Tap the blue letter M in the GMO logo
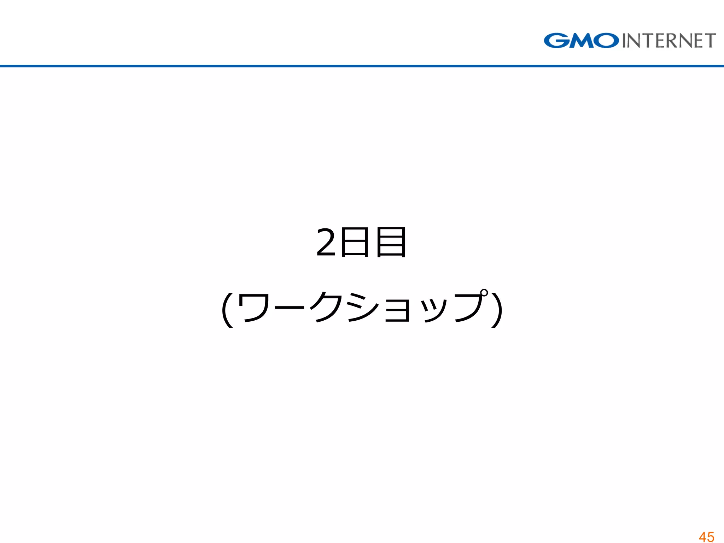580,41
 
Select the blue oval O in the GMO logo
606,41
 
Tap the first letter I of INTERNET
624,41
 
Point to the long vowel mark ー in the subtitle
289,308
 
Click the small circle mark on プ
484,293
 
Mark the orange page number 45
706,537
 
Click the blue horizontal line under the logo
362,66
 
